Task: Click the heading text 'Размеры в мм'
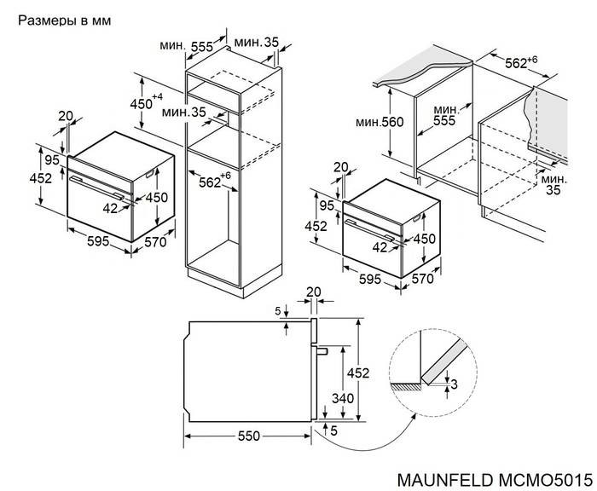(64, 20)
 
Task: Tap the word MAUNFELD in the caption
(445, 480)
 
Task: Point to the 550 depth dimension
(249, 436)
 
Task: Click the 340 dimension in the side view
(343, 398)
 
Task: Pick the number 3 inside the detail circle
(454, 384)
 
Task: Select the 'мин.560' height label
(380, 122)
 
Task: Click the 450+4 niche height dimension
(146, 102)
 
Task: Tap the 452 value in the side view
(358, 373)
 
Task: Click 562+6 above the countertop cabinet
(521, 61)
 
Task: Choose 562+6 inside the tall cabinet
(215, 182)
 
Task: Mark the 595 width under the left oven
(98, 241)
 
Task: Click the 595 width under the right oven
(369, 279)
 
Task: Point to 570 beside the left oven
(155, 242)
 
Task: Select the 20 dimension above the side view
(313, 292)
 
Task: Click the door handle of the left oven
(96, 188)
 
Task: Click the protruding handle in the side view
(323, 350)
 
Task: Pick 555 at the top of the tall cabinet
(202, 47)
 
